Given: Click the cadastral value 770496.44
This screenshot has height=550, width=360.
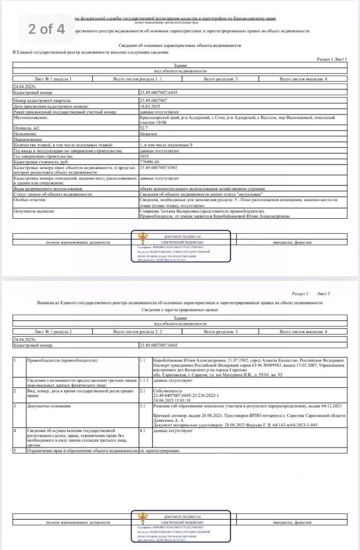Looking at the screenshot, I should pyautogui.click(x=151, y=162).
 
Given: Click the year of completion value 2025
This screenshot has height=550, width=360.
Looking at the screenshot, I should pyautogui.click(x=145, y=156).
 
